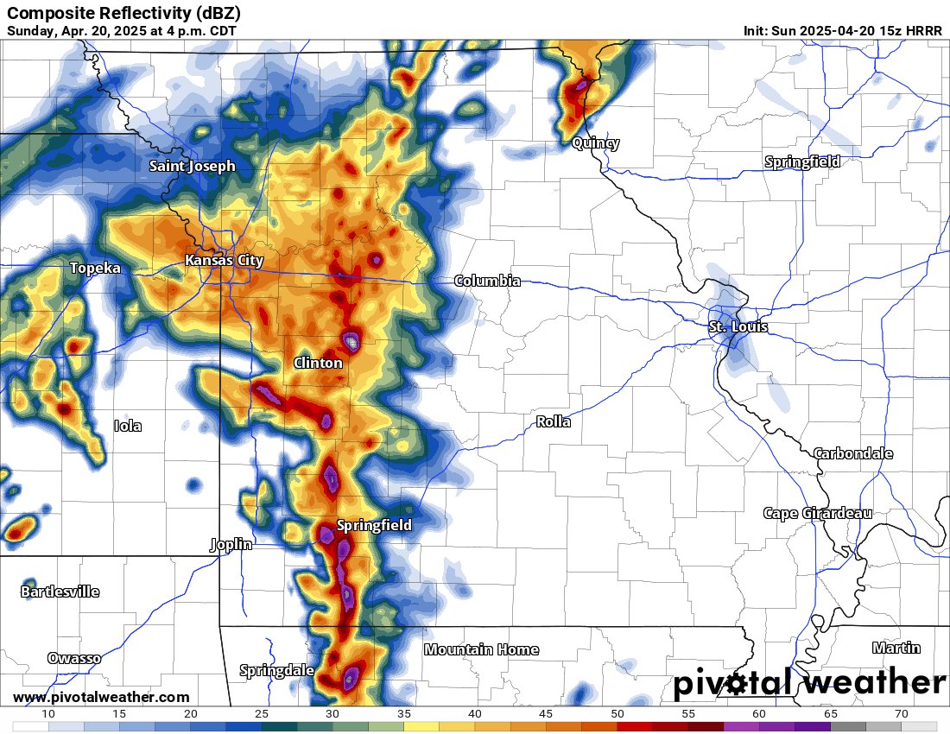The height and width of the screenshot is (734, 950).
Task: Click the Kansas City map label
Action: (x=224, y=260)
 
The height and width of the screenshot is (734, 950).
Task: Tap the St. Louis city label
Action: (x=738, y=327)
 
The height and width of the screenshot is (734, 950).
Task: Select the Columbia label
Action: (x=487, y=281)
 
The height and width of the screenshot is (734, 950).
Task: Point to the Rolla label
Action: (x=553, y=422)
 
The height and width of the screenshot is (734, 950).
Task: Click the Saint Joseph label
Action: (x=192, y=166)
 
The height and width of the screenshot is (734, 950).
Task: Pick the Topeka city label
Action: (x=95, y=269)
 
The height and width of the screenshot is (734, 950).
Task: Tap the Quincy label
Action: (x=596, y=143)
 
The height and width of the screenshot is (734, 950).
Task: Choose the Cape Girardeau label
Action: (x=817, y=513)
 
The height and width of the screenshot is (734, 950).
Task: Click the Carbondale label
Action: (x=853, y=453)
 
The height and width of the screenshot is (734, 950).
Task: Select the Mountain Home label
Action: (x=481, y=649)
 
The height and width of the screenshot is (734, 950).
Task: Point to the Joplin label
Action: (x=231, y=544)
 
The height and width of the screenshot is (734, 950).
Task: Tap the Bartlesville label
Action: (x=60, y=592)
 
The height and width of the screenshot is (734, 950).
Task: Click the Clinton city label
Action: (x=318, y=363)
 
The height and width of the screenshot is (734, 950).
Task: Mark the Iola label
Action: (x=128, y=426)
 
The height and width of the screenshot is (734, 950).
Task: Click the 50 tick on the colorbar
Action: (x=617, y=714)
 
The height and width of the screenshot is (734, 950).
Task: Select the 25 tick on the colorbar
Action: (x=262, y=714)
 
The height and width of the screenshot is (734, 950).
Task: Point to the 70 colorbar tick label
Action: (x=902, y=714)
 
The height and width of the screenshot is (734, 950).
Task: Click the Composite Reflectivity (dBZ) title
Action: (x=123, y=13)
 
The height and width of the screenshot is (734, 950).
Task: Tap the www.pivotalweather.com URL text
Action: (x=101, y=697)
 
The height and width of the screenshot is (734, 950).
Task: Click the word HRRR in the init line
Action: (x=923, y=30)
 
